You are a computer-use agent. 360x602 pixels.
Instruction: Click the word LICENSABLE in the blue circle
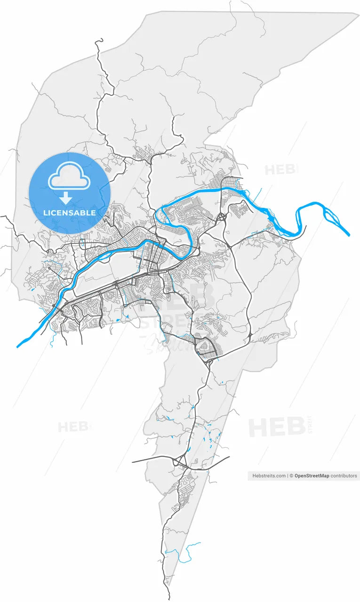coord(69,213)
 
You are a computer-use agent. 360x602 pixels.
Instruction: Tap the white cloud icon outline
coord(69,176)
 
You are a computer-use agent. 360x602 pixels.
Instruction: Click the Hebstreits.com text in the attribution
coord(269,476)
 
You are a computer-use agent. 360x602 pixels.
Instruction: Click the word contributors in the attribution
coord(344,476)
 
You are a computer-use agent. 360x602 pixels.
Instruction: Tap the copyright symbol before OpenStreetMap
coord(291,476)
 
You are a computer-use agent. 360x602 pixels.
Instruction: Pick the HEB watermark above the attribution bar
coord(277,427)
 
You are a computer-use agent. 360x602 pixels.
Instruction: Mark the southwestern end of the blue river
coord(17,347)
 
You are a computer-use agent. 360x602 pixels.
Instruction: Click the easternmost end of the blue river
coord(349,235)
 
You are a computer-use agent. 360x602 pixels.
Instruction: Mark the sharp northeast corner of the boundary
coord(358,14)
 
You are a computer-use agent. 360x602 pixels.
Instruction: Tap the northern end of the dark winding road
coord(97,41)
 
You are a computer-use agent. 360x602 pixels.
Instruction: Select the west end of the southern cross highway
coord(133,462)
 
